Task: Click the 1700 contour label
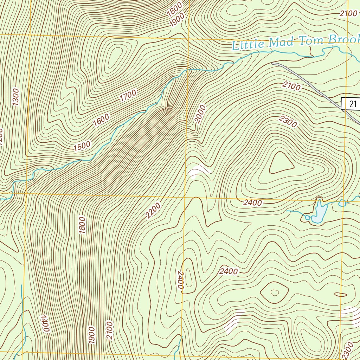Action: (x=128, y=96)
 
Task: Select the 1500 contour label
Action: (x=82, y=146)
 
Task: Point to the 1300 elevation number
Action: (x=15, y=97)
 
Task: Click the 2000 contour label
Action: (x=200, y=114)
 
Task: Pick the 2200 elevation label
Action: (x=153, y=211)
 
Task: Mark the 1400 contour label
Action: (x=44, y=324)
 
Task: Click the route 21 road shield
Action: (x=353, y=104)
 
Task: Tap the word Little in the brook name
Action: (x=248, y=45)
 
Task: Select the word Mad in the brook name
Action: (x=281, y=42)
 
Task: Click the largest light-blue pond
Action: (x=320, y=213)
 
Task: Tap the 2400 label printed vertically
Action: (x=181, y=280)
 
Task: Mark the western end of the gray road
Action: (x=273, y=64)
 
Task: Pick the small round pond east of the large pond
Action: (x=342, y=203)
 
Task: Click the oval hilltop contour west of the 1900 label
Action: (x=114, y=57)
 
